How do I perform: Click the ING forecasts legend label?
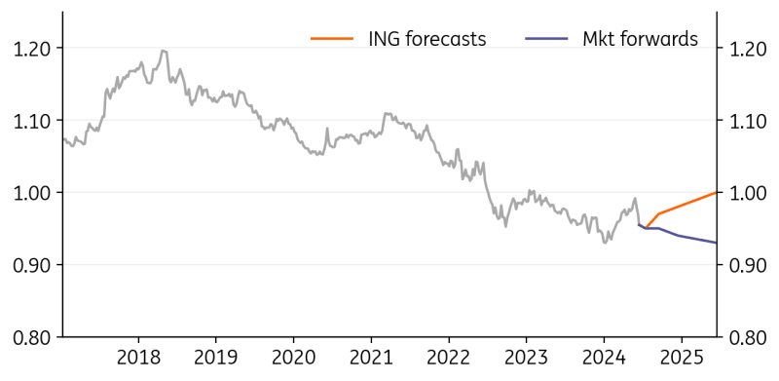427,39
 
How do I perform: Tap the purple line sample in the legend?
546,39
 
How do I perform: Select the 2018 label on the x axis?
138,358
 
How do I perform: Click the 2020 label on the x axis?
293,358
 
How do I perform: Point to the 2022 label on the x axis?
448,358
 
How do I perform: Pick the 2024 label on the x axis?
603,358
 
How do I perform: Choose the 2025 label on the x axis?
681,358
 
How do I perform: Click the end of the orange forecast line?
717,192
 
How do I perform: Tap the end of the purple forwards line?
717,243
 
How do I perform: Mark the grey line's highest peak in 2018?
163,51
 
